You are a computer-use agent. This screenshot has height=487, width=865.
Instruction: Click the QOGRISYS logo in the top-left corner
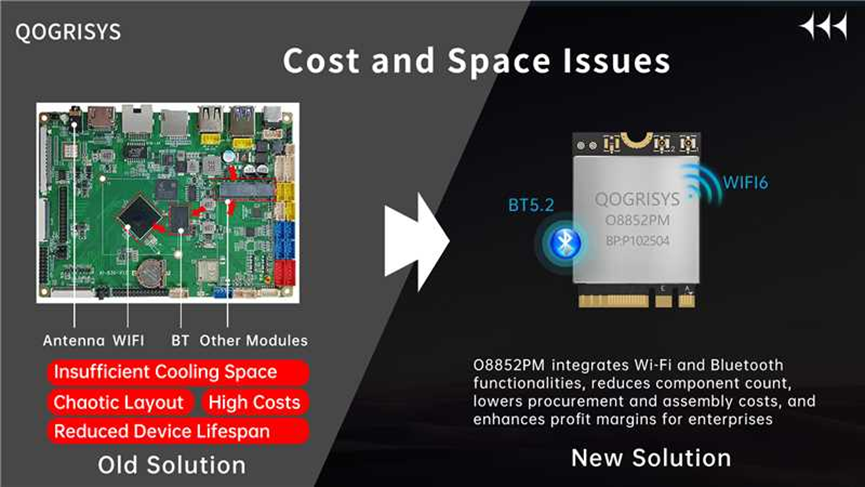pos(68,32)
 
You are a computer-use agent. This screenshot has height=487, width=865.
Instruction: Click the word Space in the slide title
pos(498,61)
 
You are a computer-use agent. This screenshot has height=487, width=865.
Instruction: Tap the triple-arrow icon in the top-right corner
pos(824,26)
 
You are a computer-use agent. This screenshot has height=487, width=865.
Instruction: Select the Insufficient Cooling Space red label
pos(178,372)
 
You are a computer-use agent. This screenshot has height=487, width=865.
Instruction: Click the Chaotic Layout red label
pos(120,403)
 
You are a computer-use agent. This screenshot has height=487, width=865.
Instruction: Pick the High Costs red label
pos(255,403)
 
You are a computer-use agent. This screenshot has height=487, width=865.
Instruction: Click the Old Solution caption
pos(172,465)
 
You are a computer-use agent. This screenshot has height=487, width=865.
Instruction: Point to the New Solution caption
pos(651,458)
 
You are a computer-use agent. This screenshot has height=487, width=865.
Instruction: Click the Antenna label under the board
pos(74,340)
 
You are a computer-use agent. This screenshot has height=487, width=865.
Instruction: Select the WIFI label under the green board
pos(129,340)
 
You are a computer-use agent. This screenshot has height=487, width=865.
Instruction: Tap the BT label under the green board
pos(180,340)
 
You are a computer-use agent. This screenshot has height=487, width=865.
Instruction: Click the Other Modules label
pos(254,340)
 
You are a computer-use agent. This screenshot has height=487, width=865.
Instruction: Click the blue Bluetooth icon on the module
pos(564,242)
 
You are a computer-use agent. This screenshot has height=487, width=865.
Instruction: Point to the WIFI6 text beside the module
pos(745,183)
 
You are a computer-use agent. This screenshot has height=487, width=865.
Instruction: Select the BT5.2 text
pos(531,205)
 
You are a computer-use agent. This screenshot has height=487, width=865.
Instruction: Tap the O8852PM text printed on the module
pos(638,221)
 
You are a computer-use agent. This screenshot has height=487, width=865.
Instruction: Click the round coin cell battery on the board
pos(151,272)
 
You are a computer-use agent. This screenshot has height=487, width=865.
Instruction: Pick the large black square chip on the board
pos(140,216)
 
